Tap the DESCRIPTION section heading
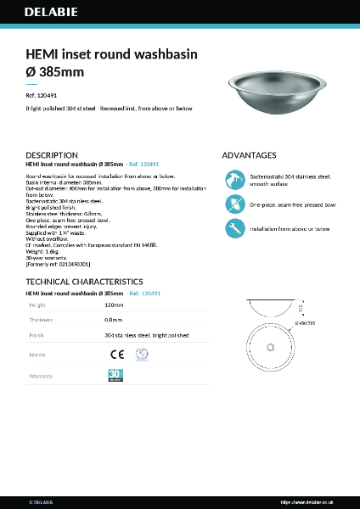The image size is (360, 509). [53, 156]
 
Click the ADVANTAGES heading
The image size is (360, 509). [249, 156]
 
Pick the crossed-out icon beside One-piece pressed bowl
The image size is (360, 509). [234, 204]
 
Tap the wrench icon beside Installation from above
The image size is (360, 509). [234, 228]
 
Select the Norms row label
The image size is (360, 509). [37, 355]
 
